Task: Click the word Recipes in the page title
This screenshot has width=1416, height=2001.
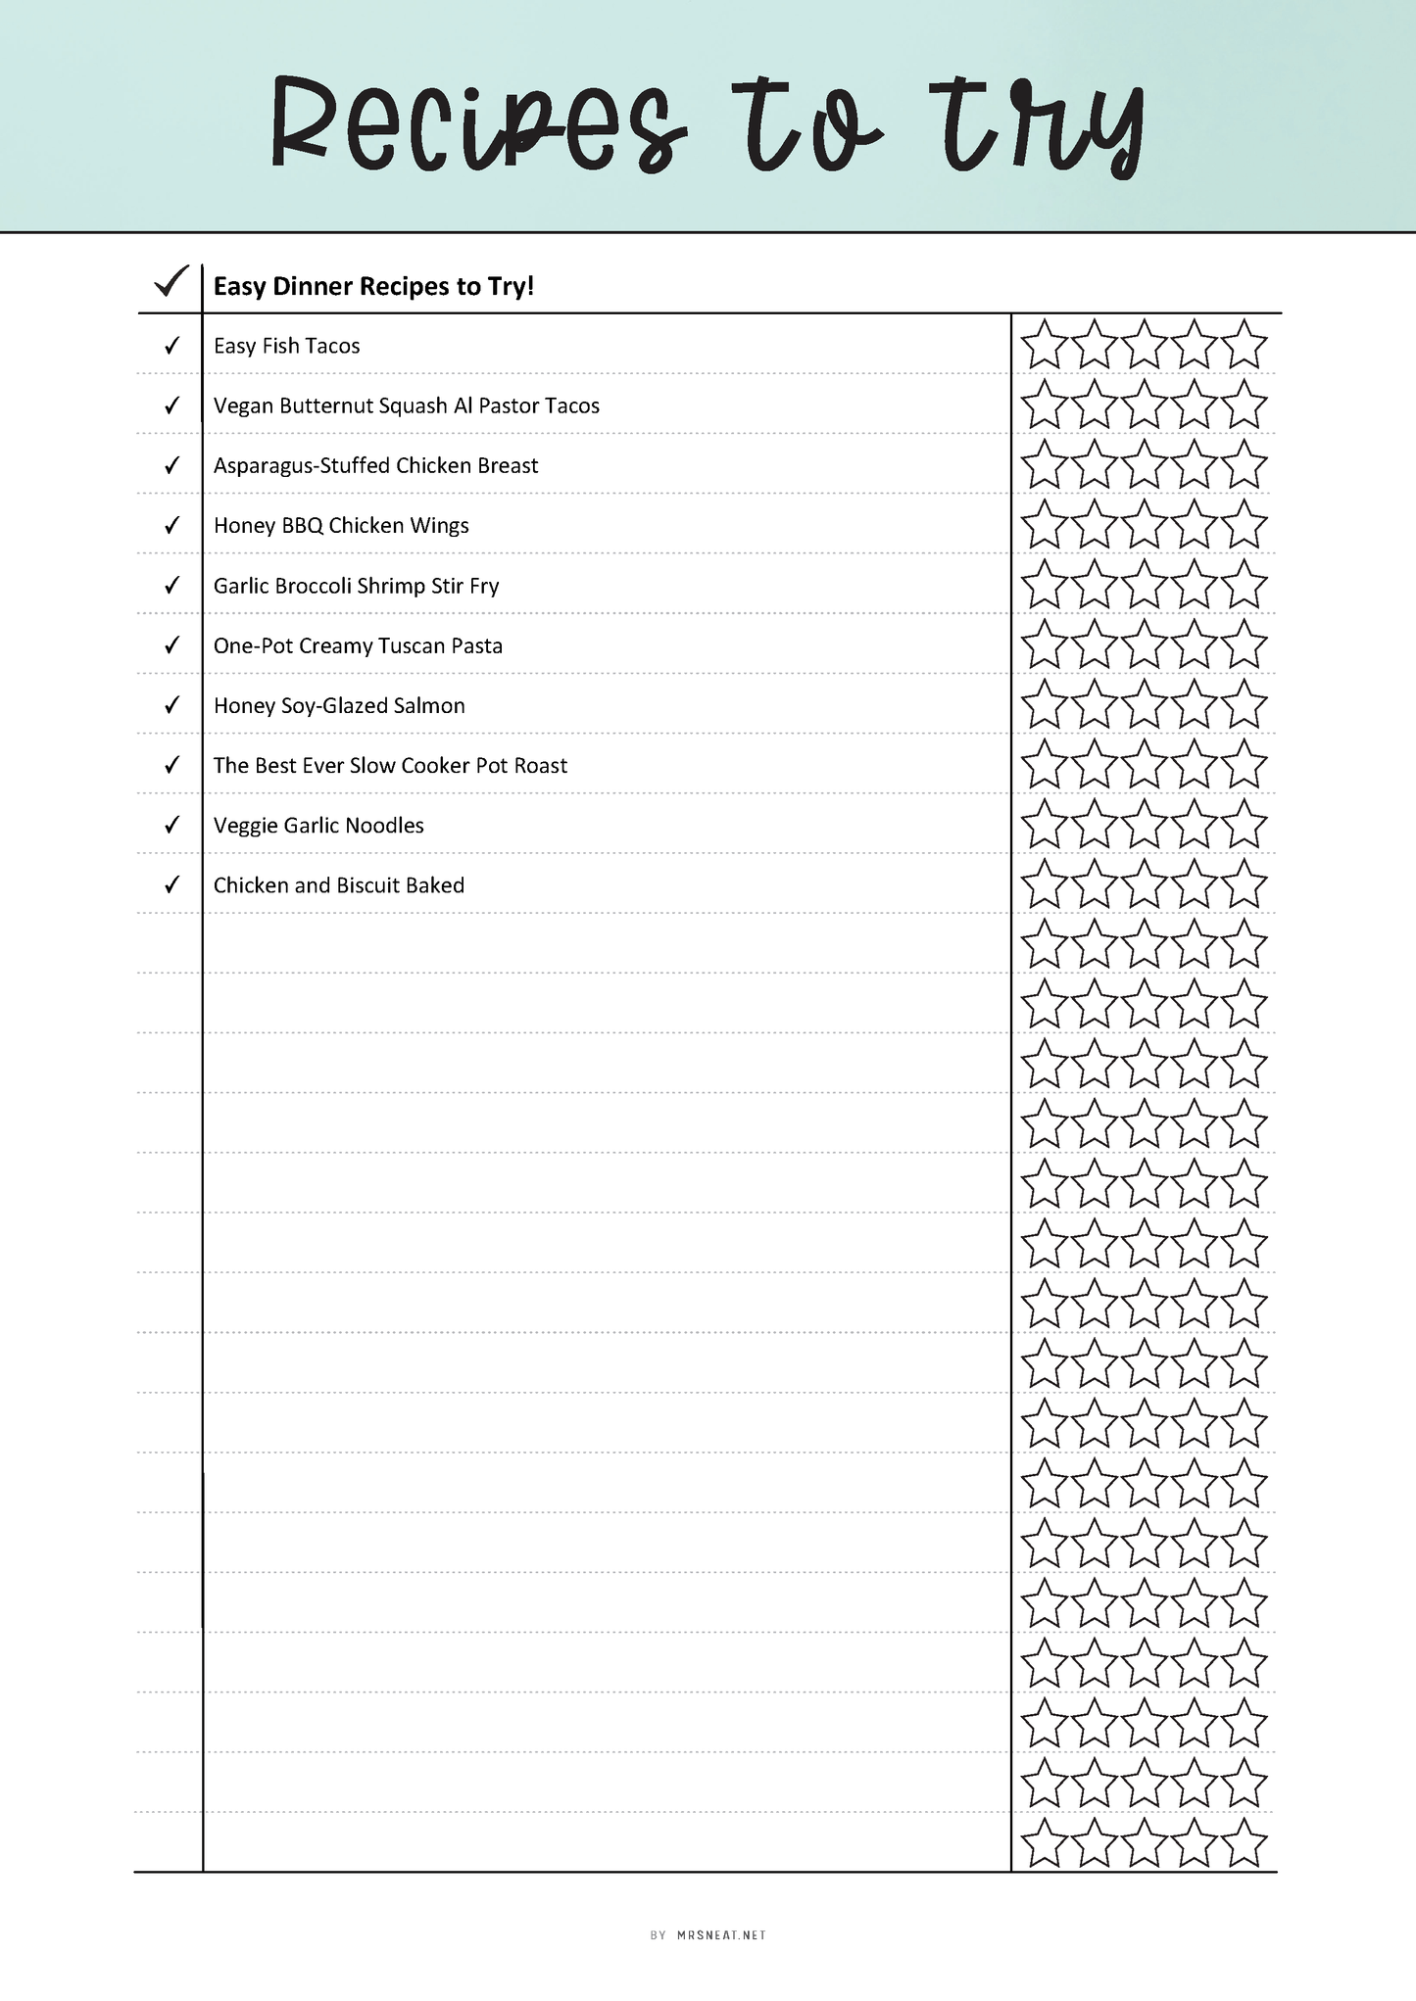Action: [477, 125]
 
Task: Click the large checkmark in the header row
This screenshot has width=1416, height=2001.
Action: [171, 282]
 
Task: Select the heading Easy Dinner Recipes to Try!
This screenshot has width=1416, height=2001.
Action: [373, 286]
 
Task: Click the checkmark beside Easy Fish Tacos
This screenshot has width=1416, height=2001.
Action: [171, 346]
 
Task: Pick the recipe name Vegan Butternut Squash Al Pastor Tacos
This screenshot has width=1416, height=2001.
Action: [406, 405]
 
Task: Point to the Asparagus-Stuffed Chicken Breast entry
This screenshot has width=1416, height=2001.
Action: [375, 465]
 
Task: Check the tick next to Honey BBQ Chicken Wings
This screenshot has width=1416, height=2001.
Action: [171, 526]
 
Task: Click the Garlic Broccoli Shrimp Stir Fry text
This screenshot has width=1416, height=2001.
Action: [356, 586]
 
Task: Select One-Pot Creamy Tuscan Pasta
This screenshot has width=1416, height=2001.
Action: [358, 645]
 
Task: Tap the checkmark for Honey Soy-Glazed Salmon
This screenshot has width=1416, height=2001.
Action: [171, 705]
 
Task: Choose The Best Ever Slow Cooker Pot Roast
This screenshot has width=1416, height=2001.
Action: [390, 765]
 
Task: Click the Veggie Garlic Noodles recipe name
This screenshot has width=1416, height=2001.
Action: [318, 826]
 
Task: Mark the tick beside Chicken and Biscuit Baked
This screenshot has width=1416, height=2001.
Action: [171, 885]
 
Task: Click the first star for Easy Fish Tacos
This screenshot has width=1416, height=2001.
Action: [1044, 346]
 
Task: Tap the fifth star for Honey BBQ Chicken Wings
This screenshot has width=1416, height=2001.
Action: [1245, 525]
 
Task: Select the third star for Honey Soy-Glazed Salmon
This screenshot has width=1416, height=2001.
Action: [1144, 705]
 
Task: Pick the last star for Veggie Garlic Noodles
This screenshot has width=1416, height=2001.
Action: [1245, 825]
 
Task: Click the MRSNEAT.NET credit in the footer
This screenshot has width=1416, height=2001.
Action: [721, 1935]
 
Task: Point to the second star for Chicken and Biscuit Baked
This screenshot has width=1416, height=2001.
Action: [1094, 884]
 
